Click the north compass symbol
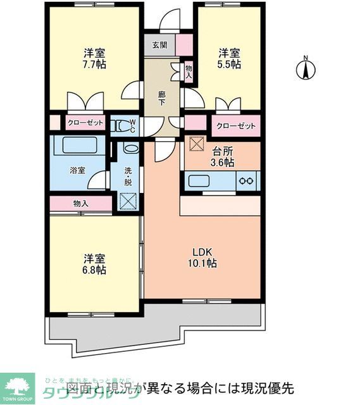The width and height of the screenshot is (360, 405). click(x=306, y=68)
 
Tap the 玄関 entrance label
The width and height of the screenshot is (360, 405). click(x=159, y=45)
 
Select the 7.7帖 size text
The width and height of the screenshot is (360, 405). click(x=94, y=65)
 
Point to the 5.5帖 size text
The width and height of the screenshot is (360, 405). click(x=230, y=64)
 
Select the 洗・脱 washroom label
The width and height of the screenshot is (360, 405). click(x=128, y=175)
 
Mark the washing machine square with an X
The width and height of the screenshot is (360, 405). click(x=128, y=201)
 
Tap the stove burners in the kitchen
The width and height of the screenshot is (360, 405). click(x=245, y=182)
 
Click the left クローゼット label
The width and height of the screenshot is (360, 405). click(x=85, y=123)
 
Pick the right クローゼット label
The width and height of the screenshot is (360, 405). click(x=235, y=125)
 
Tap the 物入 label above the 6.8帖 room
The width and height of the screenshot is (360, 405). click(x=80, y=204)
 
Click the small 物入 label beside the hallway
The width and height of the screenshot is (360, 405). click(x=189, y=71)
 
